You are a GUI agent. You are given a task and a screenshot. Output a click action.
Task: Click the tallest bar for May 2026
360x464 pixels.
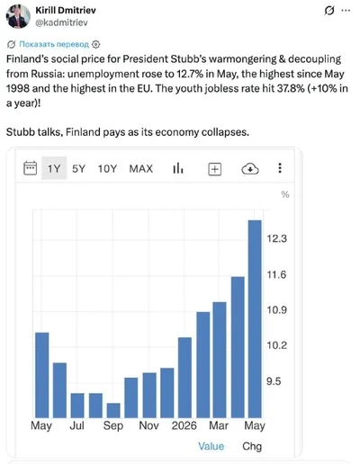point(255,319)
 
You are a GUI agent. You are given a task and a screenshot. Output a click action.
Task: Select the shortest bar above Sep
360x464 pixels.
point(113,410)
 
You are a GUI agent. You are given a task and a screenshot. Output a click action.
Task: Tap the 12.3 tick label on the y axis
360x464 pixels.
point(277,238)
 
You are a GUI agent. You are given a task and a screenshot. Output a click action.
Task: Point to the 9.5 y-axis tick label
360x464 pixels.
point(274,381)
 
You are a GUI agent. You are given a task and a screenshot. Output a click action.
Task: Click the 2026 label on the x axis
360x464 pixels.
point(184,425)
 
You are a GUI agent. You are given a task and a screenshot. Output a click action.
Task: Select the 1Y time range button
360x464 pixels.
point(54,168)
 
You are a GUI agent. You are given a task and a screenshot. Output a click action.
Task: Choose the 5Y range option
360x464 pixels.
point(78,169)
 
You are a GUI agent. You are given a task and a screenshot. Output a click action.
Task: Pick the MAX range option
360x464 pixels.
point(141,169)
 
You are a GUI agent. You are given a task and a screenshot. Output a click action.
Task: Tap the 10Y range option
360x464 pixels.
point(107,169)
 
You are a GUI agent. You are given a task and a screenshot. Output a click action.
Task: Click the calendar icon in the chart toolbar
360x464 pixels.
point(31,168)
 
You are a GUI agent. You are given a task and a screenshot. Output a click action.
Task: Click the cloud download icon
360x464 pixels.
point(250,169)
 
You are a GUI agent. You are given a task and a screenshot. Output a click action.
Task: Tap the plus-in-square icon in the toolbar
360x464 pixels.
point(215,169)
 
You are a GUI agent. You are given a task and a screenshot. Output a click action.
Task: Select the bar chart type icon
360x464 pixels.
point(178,168)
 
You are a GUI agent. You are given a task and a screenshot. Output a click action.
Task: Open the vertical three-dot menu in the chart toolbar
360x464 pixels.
point(280,168)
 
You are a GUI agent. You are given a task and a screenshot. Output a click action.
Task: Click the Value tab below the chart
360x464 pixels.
point(211,446)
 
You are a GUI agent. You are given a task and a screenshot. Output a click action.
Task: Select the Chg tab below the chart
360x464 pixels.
point(252,446)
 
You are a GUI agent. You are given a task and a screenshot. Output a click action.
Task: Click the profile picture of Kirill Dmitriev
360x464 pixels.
point(18,16)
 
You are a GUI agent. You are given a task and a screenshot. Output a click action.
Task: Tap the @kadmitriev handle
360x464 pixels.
point(61,22)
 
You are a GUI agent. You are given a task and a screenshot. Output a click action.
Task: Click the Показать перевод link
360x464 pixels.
point(54,44)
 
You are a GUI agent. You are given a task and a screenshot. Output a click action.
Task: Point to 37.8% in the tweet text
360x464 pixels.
point(291,89)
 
